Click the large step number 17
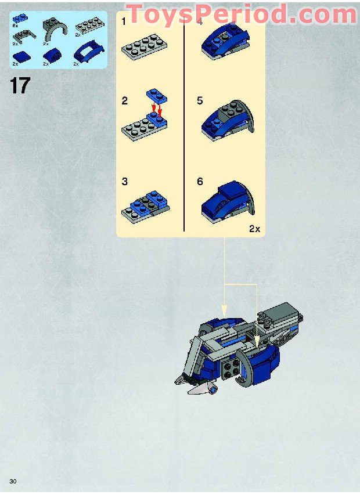pyautogui.click(x=19, y=85)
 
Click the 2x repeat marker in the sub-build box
pyautogui.click(x=254, y=229)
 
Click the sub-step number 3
pyautogui.click(x=125, y=182)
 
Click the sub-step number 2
pyautogui.click(x=125, y=101)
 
